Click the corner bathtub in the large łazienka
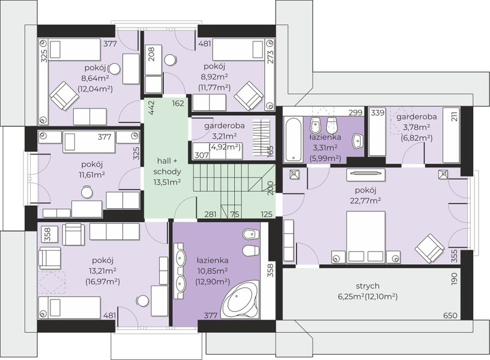240,300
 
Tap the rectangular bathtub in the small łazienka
293,139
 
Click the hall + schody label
167,166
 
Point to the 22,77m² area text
365,200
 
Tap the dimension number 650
450,316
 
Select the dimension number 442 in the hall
151,108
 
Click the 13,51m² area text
167,182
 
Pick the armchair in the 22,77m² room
429,248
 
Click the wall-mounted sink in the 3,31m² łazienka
357,141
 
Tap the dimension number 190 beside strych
455,279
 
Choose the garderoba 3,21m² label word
225,126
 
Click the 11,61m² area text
92,175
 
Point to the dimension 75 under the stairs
234,214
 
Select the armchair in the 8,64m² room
65,96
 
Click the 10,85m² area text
212,271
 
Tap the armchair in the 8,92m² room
249,96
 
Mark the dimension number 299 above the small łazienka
355,112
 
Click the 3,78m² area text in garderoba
417,127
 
